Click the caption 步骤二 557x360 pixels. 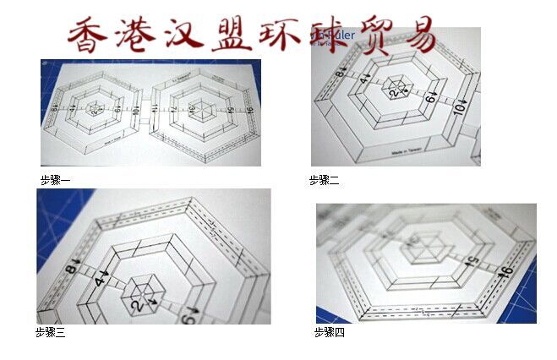point(324,180)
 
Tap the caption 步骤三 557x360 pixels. point(50,332)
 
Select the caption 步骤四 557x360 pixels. point(330,332)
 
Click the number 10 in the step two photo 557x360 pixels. point(459,108)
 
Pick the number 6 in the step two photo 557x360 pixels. point(429,99)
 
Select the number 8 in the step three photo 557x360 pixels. point(71,270)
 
